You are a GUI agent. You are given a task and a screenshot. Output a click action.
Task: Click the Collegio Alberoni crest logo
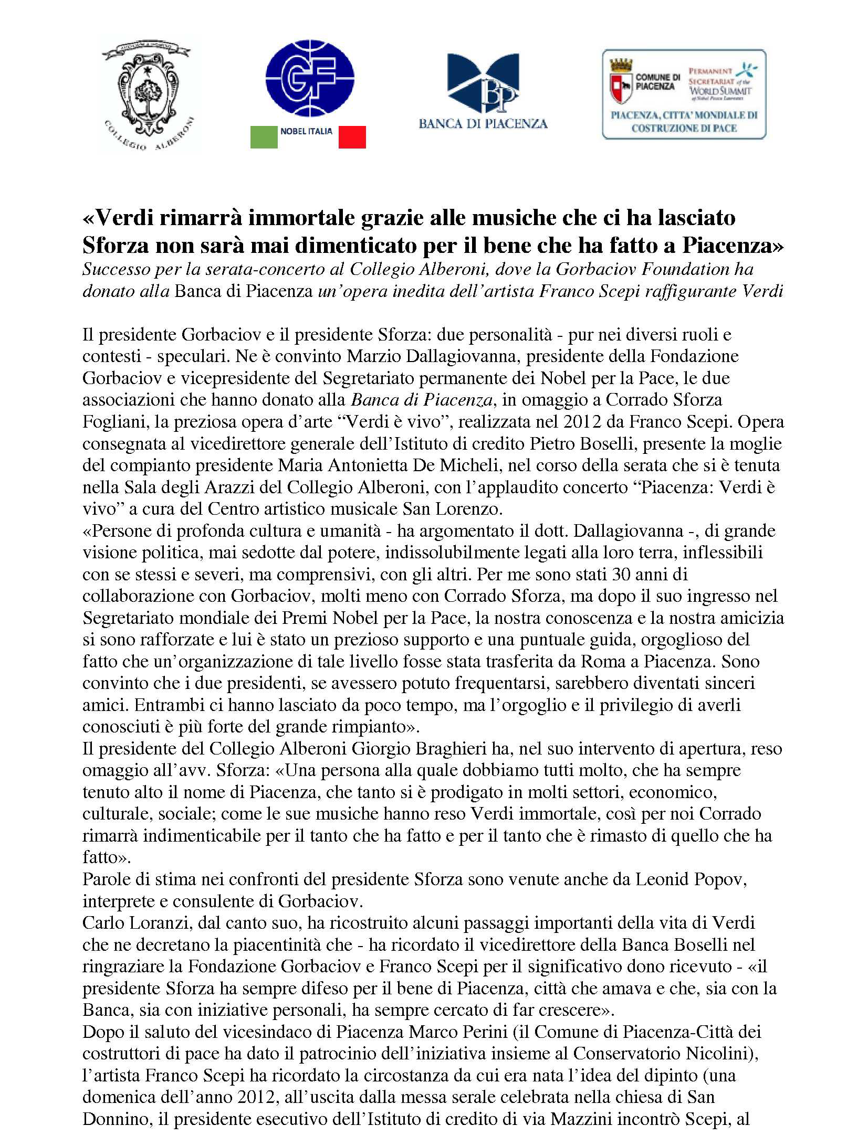coord(146,94)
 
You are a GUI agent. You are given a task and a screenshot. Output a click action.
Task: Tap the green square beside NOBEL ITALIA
coord(264,137)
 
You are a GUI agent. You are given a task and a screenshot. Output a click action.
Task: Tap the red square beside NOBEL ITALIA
coord(352,137)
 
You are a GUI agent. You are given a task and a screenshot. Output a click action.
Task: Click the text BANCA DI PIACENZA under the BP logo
coord(483,124)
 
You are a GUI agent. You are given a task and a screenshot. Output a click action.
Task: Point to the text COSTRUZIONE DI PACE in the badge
coord(684,129)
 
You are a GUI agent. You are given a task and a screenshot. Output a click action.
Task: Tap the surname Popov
coord(725,879)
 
